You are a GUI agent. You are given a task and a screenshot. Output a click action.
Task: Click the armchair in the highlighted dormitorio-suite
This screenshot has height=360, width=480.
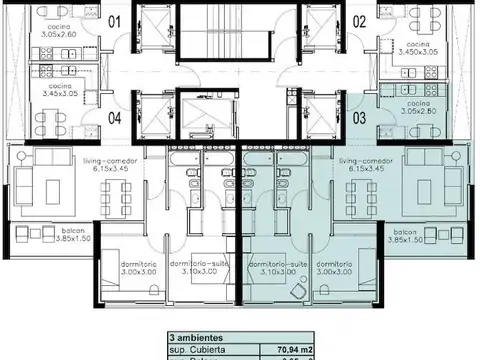(299, 291)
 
